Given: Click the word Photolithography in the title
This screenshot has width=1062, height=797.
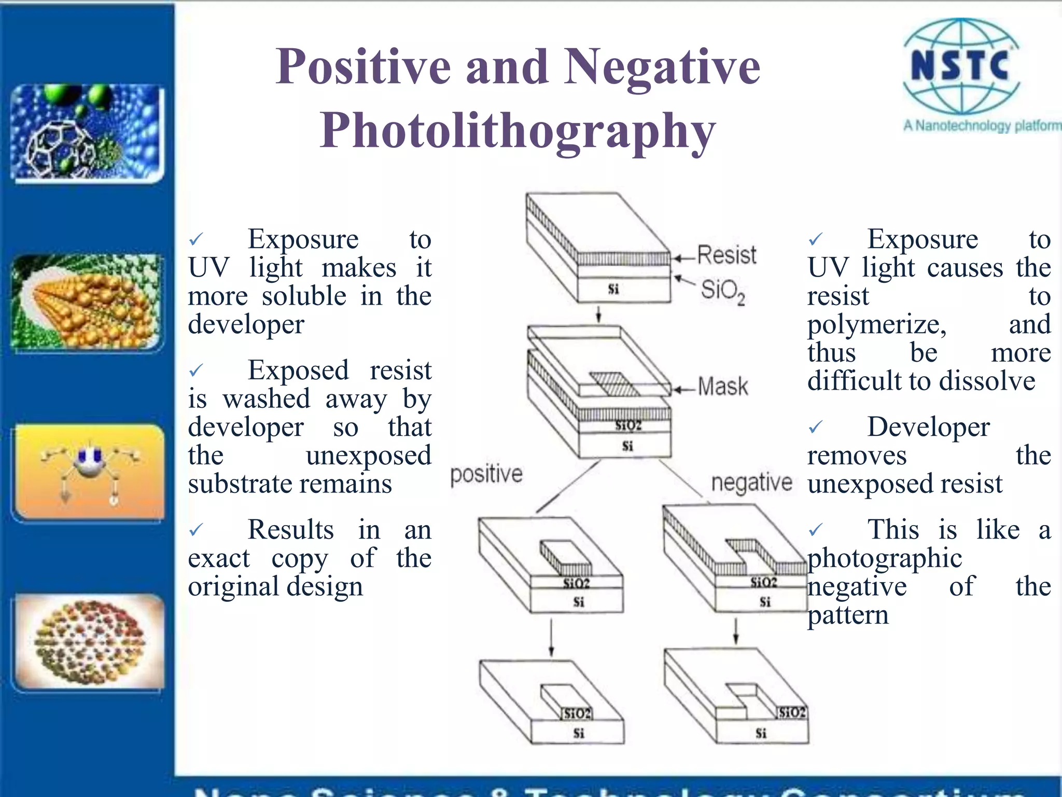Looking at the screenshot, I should pyautogui.click(x=518, y=131).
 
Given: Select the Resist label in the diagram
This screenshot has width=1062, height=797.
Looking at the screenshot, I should pyautogui.click(x=726, y=255).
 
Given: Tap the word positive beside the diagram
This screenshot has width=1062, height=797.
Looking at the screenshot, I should pyautogui.click(x=486, y=474).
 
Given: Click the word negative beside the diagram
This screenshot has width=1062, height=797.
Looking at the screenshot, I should pyautogui.click(x=751, y=483).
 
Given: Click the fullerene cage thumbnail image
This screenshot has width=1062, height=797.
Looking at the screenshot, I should pyautogui.click(x=87, y=133).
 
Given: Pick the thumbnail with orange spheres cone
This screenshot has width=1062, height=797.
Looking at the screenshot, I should pyautogui.click(x=87, y=302).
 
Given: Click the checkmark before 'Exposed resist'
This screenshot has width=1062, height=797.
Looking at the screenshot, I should pyautogui.click(x=196, y=371).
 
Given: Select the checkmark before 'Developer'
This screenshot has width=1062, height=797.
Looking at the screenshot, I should pyautogui.click(x=815, y=428).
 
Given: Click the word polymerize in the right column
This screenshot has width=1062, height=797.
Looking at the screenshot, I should pyautogui.click(x=877, y=325).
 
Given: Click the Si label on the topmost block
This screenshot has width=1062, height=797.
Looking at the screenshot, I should pyautogui.click(x=613, y=289).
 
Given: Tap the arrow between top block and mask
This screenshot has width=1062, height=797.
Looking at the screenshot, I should pyautogui.click(x=598, y=314).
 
